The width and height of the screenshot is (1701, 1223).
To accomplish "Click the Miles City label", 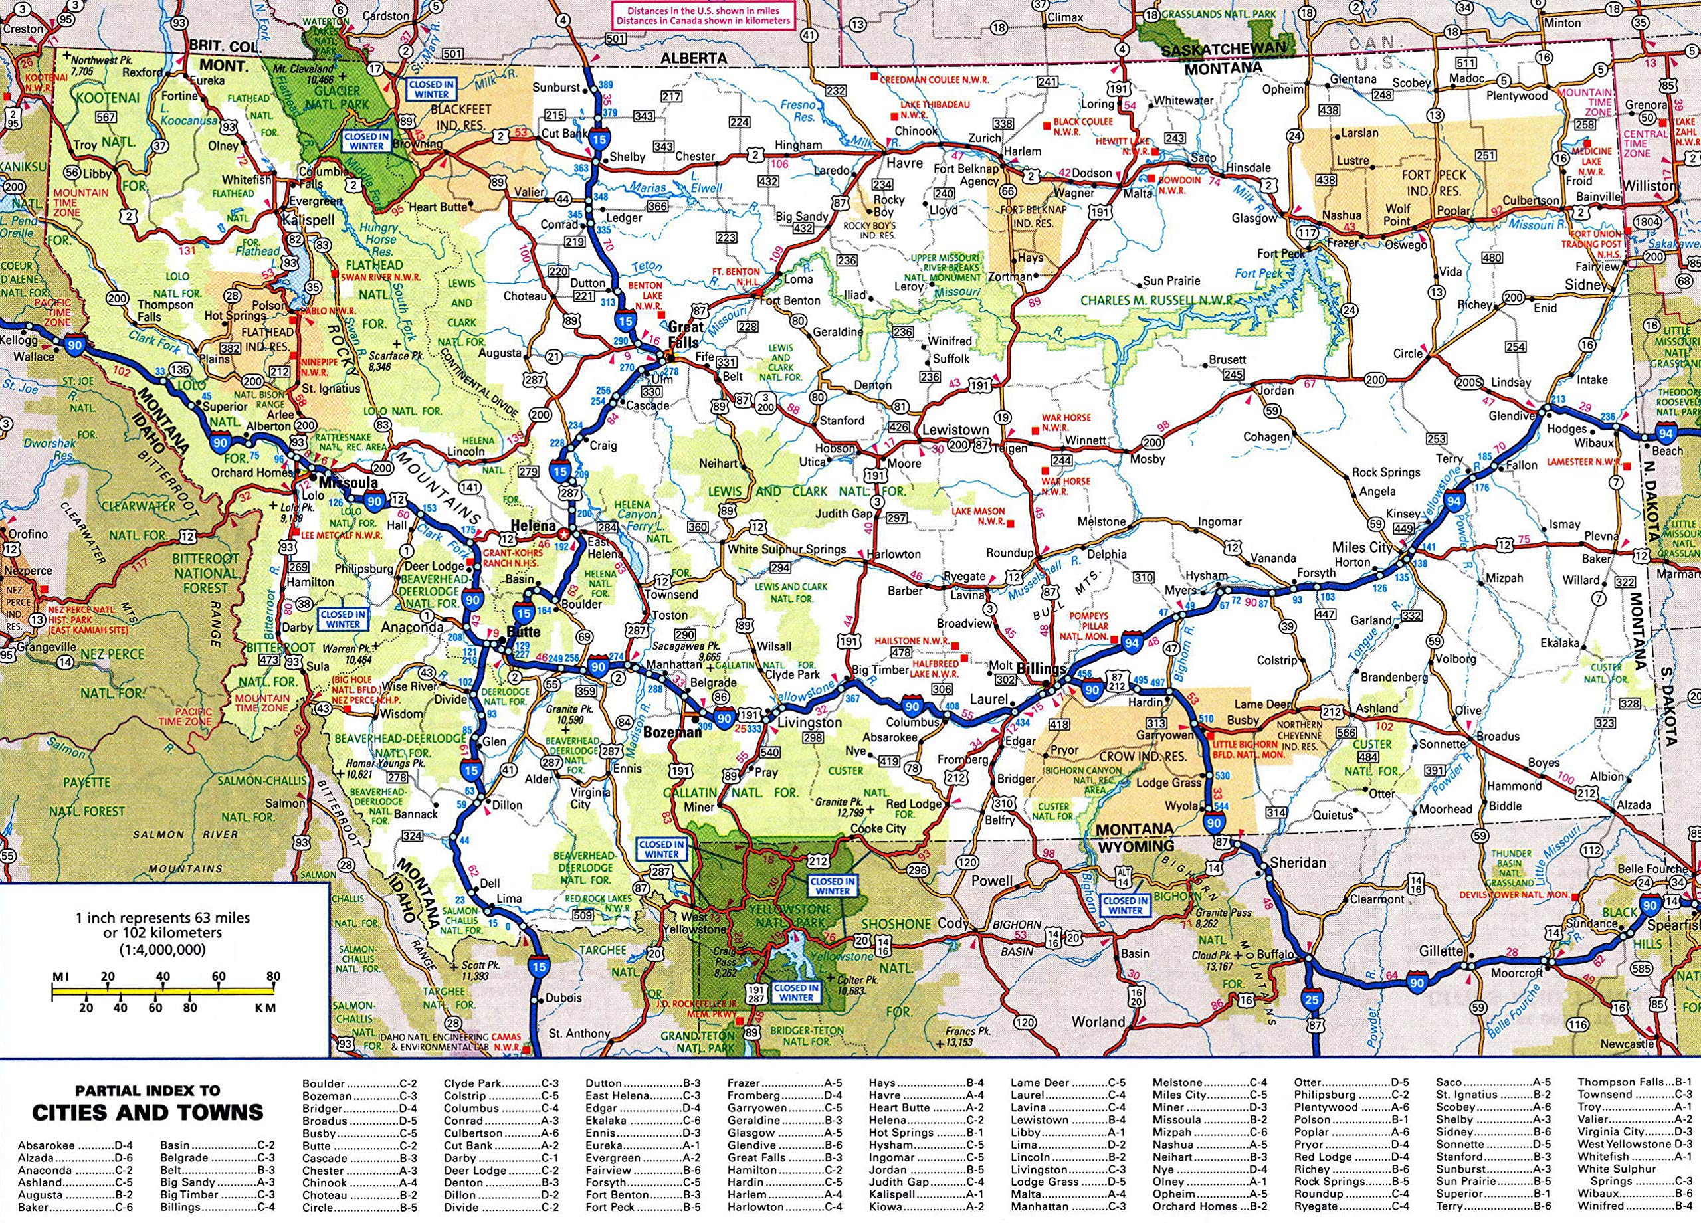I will (1362, 547).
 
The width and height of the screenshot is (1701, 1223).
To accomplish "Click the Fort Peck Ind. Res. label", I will (1435, 182).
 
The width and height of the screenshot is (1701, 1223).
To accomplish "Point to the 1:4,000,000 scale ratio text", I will (163, 949).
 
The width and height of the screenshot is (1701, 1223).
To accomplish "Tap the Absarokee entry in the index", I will (47, 1146).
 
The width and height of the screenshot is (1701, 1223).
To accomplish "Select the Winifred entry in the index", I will (1601, 1206).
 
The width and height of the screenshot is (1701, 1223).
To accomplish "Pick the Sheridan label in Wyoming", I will (1298, 862).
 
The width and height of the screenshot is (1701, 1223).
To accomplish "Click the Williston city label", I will (1650, 186).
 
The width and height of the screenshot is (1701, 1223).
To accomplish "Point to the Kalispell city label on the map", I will (308, 221).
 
